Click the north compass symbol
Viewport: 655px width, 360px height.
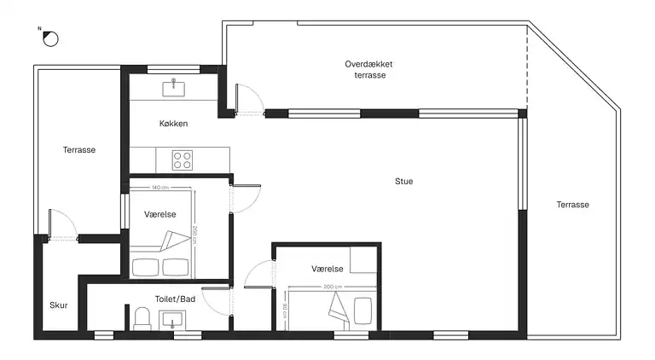(x=50, y=39)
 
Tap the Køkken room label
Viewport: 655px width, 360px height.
(x=173, y=124)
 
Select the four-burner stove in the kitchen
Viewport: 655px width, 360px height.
(x=183, y=160)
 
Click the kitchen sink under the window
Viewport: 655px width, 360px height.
(x=174, y=88)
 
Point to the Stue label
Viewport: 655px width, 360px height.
(x=404, y=181)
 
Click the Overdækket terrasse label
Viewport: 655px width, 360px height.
(x=368, y=70)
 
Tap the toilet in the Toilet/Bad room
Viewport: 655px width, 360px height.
(x=142, y=319)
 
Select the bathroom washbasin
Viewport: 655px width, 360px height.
(x=172, y=321)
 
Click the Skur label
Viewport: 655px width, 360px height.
(x=59, y=305)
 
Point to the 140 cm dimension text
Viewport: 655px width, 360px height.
(x=160, y=188)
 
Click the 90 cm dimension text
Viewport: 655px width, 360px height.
(x=285, y=311)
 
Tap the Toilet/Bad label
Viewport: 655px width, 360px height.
(x=175, y=299)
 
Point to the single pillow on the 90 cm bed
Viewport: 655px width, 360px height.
(x=363, y=311)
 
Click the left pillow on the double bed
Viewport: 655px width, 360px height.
(x=145, y=267)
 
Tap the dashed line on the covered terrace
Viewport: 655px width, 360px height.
(x=527, y=67)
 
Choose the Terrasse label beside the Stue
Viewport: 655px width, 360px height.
(x=573, y=205)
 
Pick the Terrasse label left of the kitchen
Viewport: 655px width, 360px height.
(x=79, y=150)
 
